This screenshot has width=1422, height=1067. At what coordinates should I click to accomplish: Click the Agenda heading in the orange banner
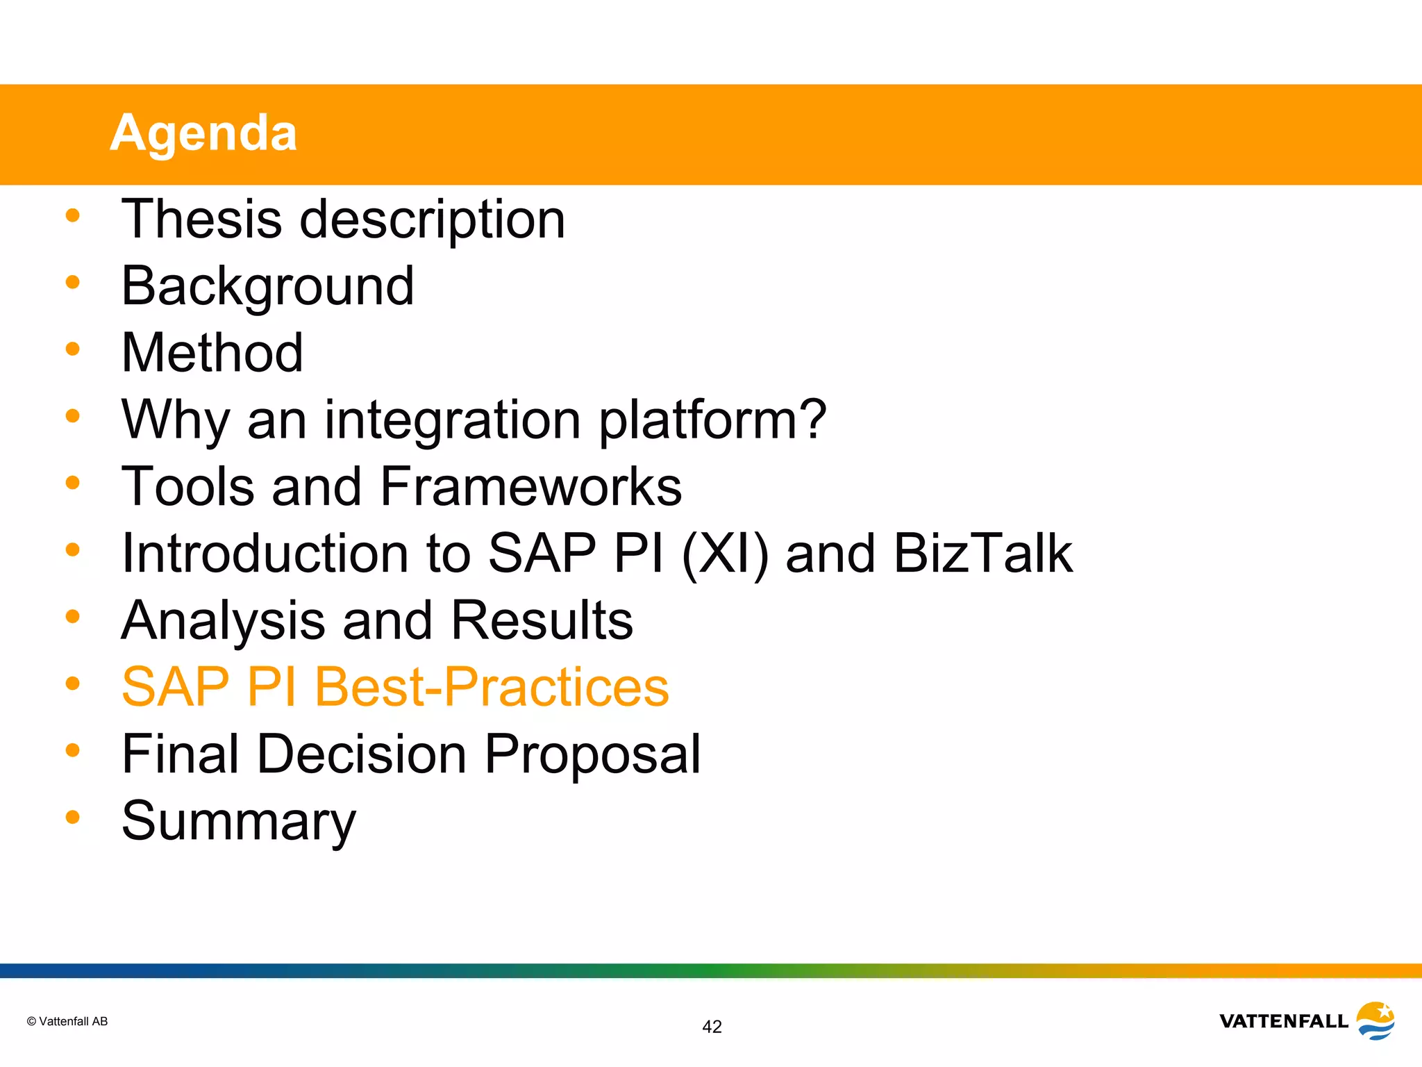point(203,133)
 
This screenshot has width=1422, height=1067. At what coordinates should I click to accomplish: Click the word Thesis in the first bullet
point(201,219)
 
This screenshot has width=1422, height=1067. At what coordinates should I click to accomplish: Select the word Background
point(267,286)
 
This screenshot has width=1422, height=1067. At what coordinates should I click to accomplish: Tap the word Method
point(212,353)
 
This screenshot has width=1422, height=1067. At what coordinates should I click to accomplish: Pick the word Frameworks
point(530,486)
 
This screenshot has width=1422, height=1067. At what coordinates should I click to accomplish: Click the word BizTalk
point(982,553)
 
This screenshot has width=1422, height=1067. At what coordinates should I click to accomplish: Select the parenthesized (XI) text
point(725,554)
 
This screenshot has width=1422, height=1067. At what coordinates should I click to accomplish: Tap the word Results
point(542,620)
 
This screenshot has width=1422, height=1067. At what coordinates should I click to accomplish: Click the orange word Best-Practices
point(492,687)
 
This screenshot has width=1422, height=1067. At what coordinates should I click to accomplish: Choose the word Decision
point(362,754)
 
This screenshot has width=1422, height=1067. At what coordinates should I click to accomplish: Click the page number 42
point(712,1027)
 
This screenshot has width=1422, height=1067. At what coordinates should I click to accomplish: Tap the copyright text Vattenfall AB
point(67,1021)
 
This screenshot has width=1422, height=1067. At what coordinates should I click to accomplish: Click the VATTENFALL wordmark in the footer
point(1283,1021)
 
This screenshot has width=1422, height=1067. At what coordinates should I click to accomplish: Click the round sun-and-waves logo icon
point(1375,1020)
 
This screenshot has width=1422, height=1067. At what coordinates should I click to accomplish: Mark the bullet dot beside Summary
point(72,817)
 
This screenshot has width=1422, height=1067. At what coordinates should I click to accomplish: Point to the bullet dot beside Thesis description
point(72,215)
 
